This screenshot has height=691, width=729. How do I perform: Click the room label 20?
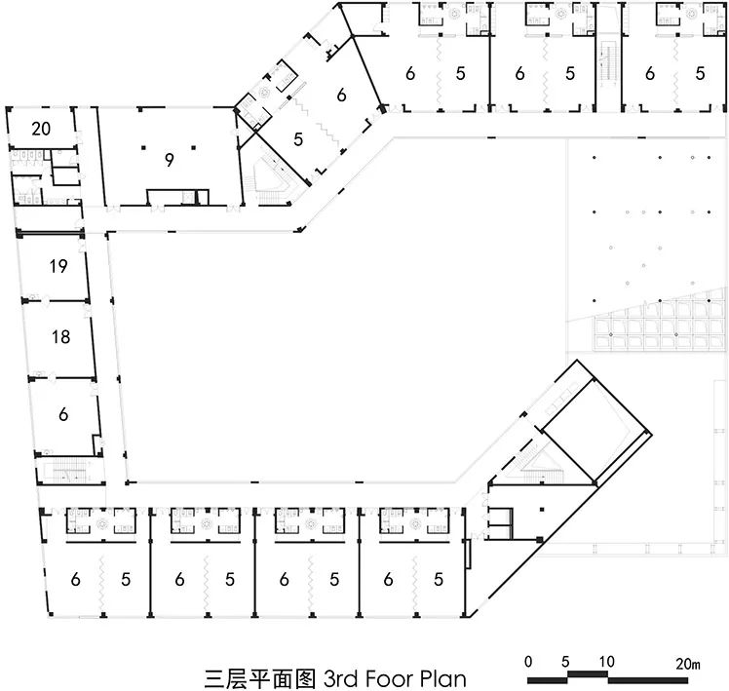tap(41, 128)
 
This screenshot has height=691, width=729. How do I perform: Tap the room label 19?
tap(58, 265)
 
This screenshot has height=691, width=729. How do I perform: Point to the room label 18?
tap(60, 337)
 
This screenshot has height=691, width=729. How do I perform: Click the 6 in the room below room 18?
tap(63, 414)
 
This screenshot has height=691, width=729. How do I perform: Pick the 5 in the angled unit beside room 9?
tap(298, 138)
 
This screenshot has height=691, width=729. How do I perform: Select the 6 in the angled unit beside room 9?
tap(341, 95)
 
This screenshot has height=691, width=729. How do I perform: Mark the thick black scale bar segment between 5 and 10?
tap(588, 673)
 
